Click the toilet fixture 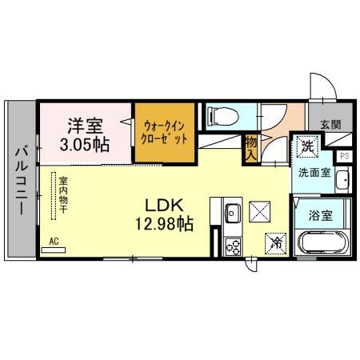pyautogui.click(x=220, y=118)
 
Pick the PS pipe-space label pyautogui.click(x=345, y=156)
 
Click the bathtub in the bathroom pyautogui.click(x=325, y=242)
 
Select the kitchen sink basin pyautogui.click(x=233, y=214)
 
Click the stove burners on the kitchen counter pyautogui.click(x=233, y=246)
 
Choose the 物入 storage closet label pyautogui.click(x=251, y=147)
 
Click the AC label pyautogui.click(x=54, y=240)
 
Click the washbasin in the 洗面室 pyautogui.click(x=342, y=179)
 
